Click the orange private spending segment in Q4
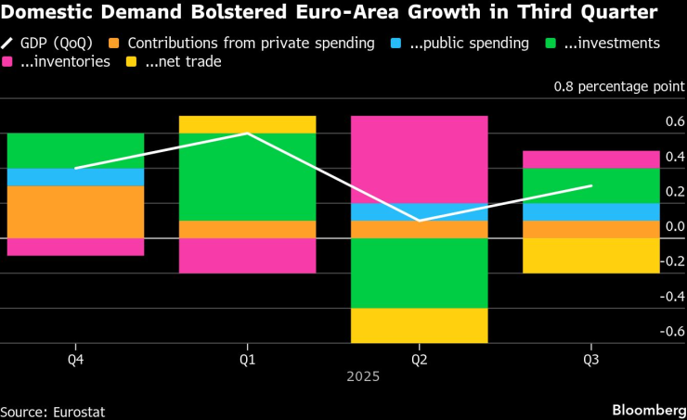tap(75, 212)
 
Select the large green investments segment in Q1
tap(247, 177)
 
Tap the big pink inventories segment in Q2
tap(419, 159)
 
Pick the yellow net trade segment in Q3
tap(590, 256)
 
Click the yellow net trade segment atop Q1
tap(247, 124)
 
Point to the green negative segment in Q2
tap(419, 274)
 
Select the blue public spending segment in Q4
tap(75, 177)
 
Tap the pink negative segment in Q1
tap(247, 256)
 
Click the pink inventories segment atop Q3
tap(590, 159)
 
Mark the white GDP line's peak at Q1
tap(247, 134)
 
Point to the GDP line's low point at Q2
tap(419, 221)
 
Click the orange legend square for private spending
tap(113, 44)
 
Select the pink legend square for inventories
tap(9, 62)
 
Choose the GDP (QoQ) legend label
tap(57, 44)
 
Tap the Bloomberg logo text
tap(646, 409)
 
